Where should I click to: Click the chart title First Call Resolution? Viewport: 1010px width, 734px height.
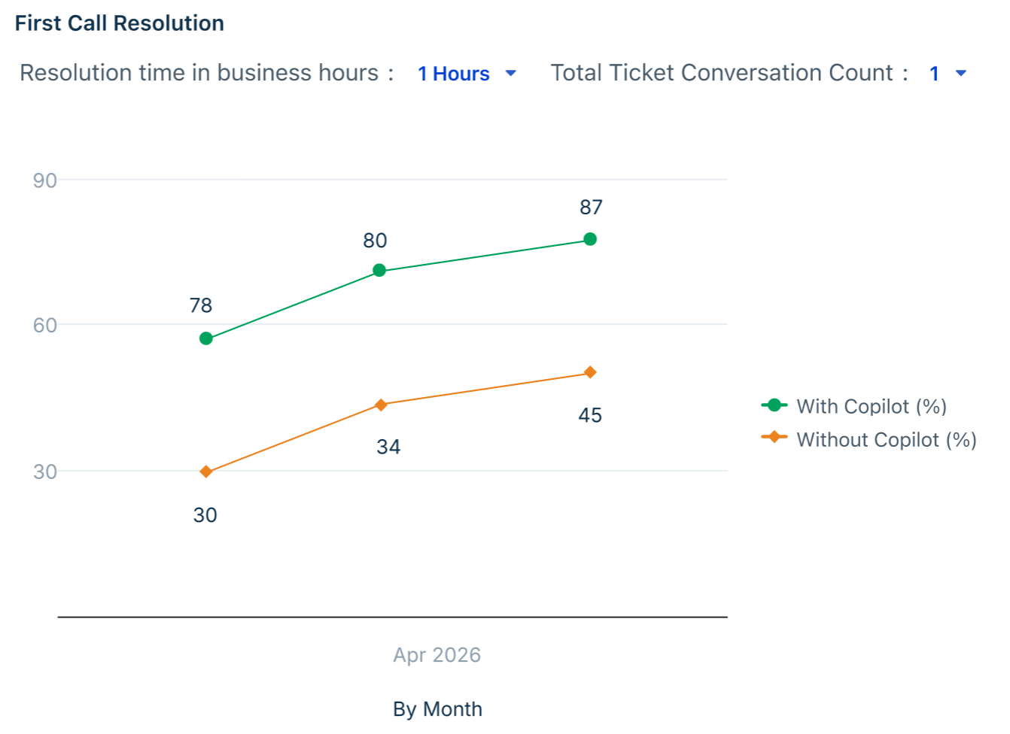(120, 23)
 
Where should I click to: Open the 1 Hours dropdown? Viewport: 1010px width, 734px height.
(466, 74)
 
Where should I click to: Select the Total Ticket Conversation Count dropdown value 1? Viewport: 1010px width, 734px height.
(947, 74)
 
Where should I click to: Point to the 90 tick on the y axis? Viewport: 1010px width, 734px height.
(44, 180)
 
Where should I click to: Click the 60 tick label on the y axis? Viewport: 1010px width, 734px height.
(44, 326)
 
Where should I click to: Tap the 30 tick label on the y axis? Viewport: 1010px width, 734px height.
(44, 472)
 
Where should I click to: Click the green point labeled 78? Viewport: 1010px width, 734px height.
(206, 338)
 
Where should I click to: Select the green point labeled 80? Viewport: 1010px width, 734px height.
(379, 270)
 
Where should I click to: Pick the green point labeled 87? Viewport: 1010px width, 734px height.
(590, 239)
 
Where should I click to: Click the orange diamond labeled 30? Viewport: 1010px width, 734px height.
(206, 472)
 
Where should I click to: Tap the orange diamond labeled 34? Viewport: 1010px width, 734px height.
(381, 405)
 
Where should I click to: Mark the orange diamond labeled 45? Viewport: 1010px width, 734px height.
(590, 372)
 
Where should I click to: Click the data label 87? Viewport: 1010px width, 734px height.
(591, 208)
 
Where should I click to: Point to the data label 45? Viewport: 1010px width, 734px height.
(590, 415)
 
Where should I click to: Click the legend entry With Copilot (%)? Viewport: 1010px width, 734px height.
(853, 406)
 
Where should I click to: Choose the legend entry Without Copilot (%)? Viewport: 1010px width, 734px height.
(869, 439)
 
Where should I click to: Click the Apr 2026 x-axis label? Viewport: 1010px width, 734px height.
(437, 655)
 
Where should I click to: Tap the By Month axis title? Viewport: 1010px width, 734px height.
(437, 709)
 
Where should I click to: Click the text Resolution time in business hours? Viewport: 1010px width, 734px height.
(199, 73)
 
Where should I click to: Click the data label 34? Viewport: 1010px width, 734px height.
(388, 447)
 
